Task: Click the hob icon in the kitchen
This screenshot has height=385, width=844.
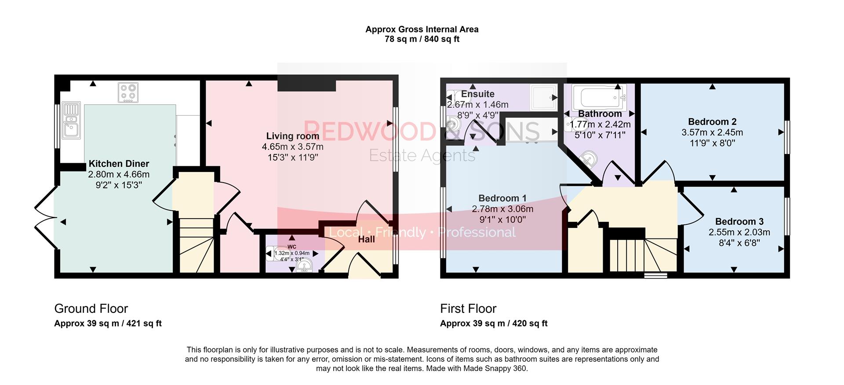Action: tap(128, 92)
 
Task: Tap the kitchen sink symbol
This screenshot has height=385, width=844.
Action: tap(71, 121)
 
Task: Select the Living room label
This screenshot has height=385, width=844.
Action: tap(292, 136)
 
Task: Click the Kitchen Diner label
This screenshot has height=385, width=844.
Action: tap(119, 164)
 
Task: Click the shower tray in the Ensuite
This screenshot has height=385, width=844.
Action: tap(543, 97)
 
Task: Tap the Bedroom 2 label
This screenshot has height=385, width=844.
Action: tap(712, 121)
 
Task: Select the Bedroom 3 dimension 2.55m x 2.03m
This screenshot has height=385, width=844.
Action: tap(739, 232)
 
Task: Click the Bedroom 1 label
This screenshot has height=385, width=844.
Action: tap(502, 198)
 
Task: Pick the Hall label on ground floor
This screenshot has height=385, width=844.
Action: tap(366, 239)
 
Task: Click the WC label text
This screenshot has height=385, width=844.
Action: tap(292, 247)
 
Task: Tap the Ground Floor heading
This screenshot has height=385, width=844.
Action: tap(91, 308)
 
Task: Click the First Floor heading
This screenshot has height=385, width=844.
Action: tap(468, 308)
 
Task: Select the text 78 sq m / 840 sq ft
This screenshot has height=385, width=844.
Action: tap(422, 39)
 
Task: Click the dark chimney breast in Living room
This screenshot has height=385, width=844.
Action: tap(306, 83)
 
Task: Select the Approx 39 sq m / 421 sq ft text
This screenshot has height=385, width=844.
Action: tap(108, 323)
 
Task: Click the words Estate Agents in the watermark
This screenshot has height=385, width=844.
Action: tap(422, 155)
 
